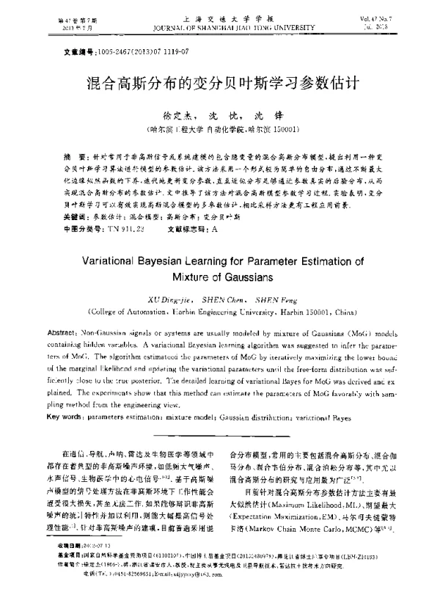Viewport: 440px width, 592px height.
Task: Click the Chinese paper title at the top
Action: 219,81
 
